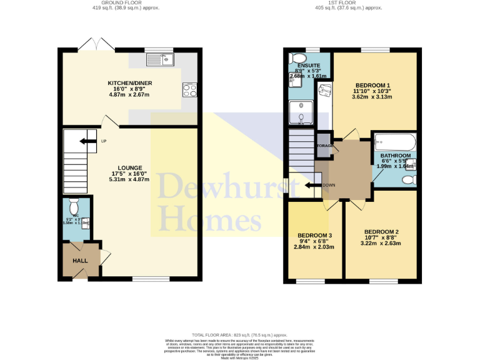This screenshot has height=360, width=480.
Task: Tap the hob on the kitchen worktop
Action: tap(189, 90)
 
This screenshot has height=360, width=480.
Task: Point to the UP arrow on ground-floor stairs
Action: tap(83, 141)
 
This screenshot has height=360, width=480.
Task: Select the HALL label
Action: tap(80, 261)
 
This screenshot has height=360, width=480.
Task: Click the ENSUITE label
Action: tap(308, 65)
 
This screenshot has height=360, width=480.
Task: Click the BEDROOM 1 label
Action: tap(372, 85)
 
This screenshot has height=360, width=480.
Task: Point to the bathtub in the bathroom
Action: tap(394, 142)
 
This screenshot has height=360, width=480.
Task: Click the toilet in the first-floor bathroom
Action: tap(409, 180)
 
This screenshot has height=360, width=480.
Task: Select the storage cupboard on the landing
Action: tap(324, 145)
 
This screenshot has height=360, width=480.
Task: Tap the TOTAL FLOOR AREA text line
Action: tap(239, 335)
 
